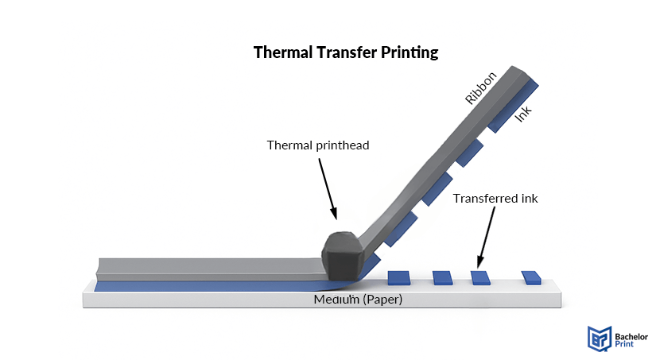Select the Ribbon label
pos(481,87)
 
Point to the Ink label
pos(522,113)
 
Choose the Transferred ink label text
pos(495,198)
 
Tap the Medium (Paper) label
pos(358,300)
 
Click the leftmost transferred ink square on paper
pos(398,277)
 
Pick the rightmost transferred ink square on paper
pos(531,277)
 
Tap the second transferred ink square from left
pos(442,277)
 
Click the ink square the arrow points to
pos(479,277)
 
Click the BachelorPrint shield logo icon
pos(598,338)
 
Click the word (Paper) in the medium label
pos(380,300)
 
